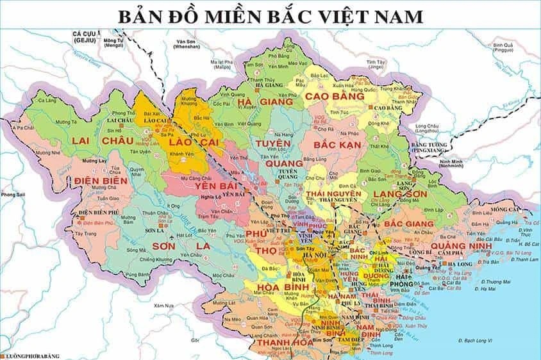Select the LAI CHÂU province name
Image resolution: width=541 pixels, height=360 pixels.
pos(97,140)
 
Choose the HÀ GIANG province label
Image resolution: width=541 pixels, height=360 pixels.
pos(265,102)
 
